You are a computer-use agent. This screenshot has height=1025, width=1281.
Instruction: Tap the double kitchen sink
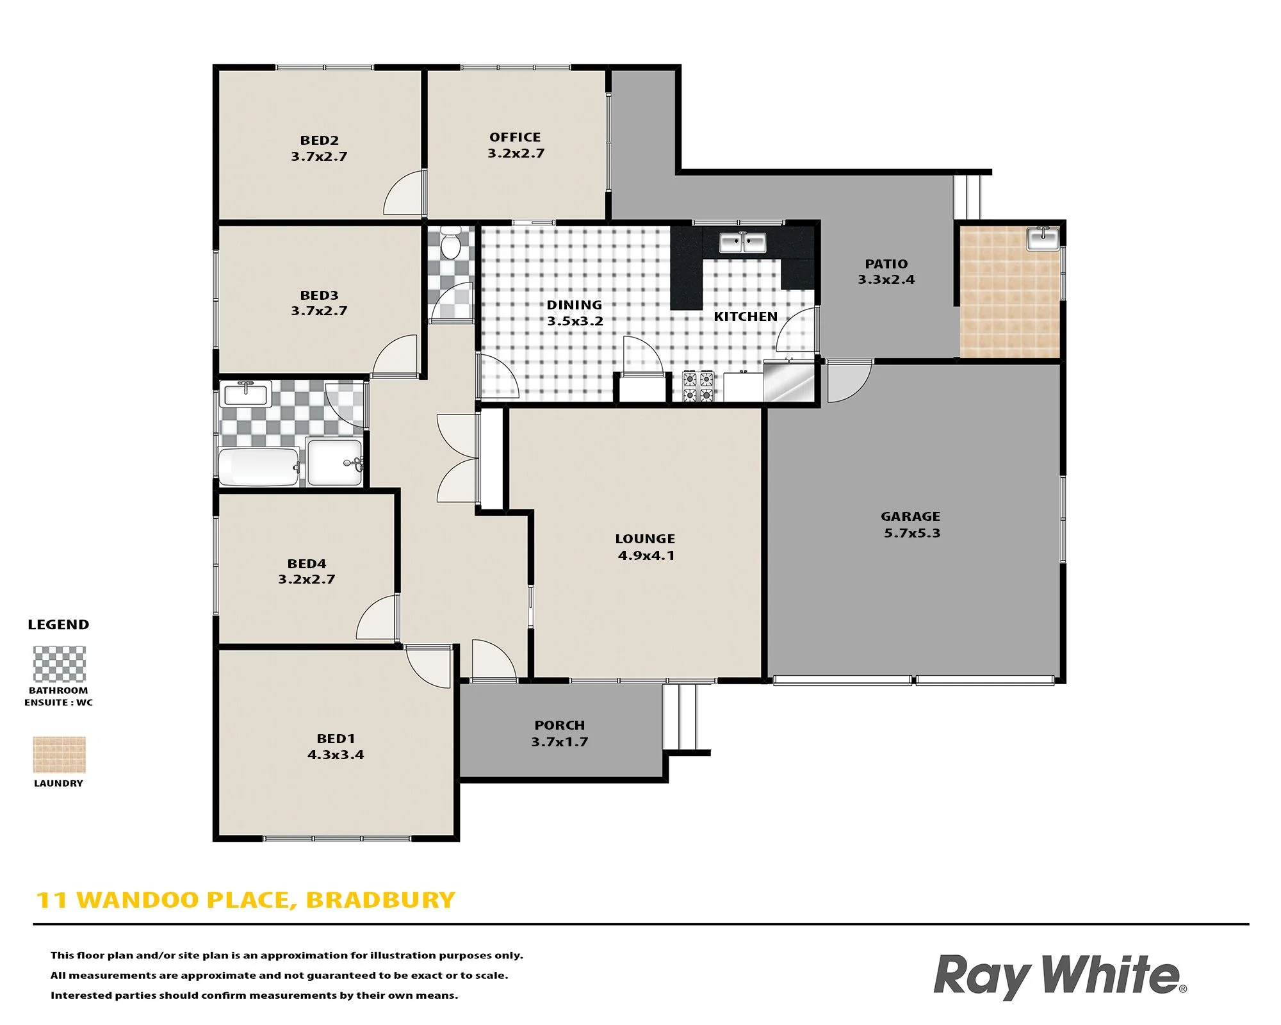coord(742,243)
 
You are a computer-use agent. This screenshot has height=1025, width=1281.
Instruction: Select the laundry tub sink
coord(1043,238)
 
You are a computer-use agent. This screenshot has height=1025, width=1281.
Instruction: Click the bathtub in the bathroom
coord(259,467)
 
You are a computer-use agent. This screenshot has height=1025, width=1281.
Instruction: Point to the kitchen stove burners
coord(698,386)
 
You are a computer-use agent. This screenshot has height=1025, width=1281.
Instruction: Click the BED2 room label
coord(319,140)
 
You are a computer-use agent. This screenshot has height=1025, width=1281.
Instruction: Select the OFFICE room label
coord(515,137)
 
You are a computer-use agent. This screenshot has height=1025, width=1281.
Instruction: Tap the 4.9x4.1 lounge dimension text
coord(646,555)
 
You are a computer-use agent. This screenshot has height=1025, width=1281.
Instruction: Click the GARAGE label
coord(910,516)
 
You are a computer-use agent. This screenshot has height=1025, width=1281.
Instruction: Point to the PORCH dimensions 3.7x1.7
coord(559,742)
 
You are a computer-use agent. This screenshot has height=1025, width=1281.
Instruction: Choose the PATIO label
coord(886,264)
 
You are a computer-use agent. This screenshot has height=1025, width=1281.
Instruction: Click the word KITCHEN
coord(746,316)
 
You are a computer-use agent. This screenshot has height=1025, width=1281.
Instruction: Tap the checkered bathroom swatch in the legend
coord(60,664)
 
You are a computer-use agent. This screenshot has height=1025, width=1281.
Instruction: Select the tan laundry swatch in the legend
coord(60,755)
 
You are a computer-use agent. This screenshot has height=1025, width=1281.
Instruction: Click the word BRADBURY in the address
coord(380,900)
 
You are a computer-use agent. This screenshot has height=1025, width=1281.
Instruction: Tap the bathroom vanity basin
coord(246,394)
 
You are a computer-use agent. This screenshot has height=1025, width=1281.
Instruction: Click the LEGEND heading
coord(58,625)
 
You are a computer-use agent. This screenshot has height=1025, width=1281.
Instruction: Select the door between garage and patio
coord(849,381)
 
